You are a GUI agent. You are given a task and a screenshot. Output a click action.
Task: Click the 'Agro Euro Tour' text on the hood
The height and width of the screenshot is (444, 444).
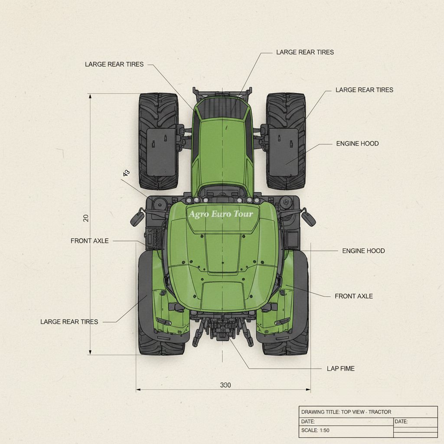click(221, 214)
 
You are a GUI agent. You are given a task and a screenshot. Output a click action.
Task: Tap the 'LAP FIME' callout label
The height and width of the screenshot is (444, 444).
click(341, 369)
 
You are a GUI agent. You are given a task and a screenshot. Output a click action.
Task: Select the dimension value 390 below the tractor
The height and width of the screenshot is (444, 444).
click(225, 385)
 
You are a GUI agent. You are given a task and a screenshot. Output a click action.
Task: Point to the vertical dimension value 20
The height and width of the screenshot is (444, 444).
click(86, 218)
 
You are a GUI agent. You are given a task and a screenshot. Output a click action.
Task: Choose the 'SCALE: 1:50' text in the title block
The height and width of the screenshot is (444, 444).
click(315, 431)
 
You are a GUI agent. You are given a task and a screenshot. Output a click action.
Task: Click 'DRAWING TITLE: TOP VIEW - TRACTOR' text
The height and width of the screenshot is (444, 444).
click(346, 412)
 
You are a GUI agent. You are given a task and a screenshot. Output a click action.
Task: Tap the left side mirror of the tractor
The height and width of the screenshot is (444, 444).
click(137, 217)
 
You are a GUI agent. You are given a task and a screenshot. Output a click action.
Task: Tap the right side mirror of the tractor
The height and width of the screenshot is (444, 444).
click(308, 217)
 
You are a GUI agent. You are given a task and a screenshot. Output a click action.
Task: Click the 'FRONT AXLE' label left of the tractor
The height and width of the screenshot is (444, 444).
click(89, 241)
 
